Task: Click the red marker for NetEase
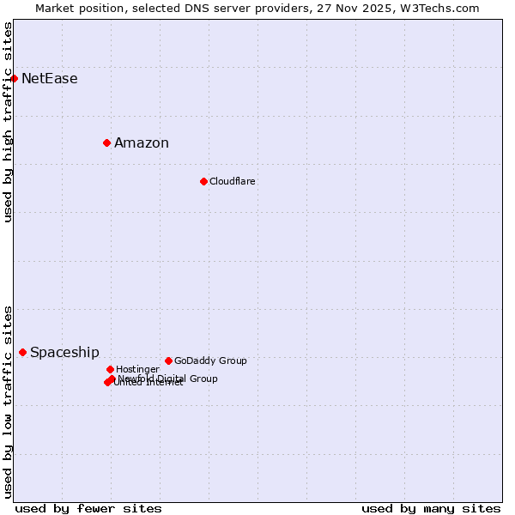tap(14, 78)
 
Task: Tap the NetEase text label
tap(50, 79)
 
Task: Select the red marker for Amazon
tap(106, 142)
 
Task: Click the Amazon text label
tap(142, 143)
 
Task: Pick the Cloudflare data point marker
tap(203, 181)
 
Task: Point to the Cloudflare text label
tap(233, 182)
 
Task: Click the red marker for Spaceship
tap(22, 352)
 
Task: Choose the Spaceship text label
tap(64, 353)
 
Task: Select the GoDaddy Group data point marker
tap(168, 360)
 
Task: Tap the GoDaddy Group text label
tap(210, 361)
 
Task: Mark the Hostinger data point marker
tap(110, 369)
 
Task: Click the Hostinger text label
tap(137, 370)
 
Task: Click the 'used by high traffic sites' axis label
tap(8, 122)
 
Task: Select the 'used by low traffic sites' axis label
tap(8, 401)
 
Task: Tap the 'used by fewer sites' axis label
tap(88, 508)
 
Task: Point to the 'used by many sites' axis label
tap(431, 508)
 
